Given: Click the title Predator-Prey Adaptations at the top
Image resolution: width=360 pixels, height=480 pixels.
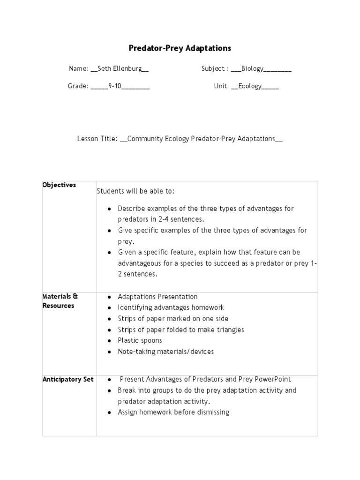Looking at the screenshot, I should tap(180, 48).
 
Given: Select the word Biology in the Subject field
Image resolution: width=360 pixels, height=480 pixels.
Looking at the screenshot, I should tap(253, 69).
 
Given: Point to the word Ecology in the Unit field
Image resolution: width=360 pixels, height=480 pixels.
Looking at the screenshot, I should tap(250, 87).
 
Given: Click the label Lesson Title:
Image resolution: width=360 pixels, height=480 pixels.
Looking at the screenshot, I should tap(97, 139).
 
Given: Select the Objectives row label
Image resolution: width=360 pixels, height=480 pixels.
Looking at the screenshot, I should tap(59, 185).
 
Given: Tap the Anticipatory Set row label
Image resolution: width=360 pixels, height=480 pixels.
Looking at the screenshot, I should tap(68, 379).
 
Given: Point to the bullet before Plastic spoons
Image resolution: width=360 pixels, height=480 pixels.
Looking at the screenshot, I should tap(109, 341).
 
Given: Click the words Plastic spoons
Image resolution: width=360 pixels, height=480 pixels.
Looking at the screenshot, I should tap(140, 341).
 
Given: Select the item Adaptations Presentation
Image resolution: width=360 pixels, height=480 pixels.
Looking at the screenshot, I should tap(157, 297).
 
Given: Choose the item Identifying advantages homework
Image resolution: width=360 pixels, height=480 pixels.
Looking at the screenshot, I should tap(171, 307).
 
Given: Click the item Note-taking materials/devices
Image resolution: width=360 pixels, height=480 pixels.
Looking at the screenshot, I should tap(165, 352).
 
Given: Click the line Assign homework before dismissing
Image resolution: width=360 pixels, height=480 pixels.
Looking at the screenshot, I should tap(173, 412).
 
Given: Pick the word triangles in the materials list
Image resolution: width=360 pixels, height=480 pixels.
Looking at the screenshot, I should tap(229, 330).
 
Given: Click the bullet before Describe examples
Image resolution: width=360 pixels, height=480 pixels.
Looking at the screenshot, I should tap(109, 209).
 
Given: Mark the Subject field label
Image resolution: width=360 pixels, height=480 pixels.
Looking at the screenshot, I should tap(213, 69).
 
